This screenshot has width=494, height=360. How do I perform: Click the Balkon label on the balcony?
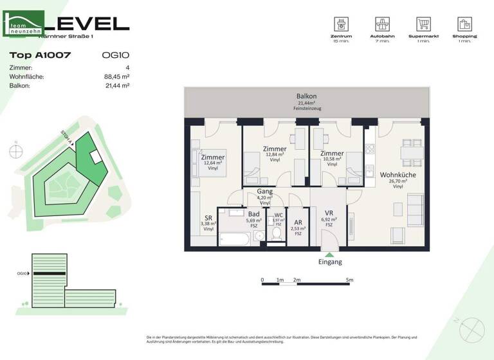coord(306,96)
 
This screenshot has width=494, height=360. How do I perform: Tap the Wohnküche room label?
coord(397,174)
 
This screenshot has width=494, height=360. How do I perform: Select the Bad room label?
coord(253,213)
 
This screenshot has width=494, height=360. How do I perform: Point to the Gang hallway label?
coord(265,192)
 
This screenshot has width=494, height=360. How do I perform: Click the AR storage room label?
coord(298,221)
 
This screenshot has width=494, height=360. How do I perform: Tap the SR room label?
coord(208,218)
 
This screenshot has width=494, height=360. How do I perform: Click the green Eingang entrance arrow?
coord(329,254)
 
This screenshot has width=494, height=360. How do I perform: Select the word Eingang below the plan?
coord(329,262)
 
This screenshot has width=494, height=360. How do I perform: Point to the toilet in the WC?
coord(277,235)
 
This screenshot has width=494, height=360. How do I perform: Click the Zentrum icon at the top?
coord(339,24)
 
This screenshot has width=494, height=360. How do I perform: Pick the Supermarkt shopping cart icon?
coord(423,24)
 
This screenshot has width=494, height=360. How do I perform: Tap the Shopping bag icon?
coord(464,24)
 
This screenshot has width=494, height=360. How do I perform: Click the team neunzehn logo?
coord(24,24)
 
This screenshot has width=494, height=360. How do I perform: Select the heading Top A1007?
coord(40,55)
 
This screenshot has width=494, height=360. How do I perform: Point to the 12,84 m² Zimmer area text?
coord(274,155)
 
